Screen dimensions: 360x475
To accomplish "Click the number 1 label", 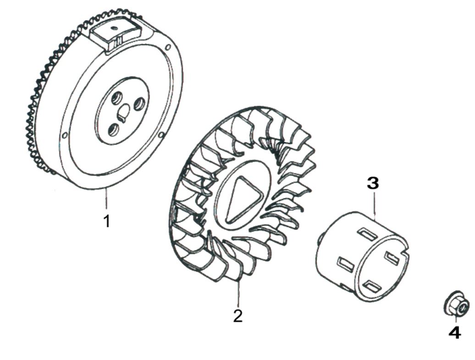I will click(x=107, y=222).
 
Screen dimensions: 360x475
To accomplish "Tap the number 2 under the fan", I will click(x=237, y=316).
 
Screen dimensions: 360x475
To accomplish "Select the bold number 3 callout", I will click(x=373, y=184).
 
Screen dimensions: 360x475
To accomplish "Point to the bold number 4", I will click(x=454, y=333).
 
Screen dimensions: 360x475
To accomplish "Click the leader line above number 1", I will click(x=106, y=199).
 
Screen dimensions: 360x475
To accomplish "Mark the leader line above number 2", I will click(x=237, y=293).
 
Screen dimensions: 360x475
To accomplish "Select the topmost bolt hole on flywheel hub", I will click(x=116, y=97).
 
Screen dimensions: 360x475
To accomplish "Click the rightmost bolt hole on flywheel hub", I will click(x=139, y=105).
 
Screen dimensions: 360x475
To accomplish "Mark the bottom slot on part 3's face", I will click(x=372, y=287).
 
